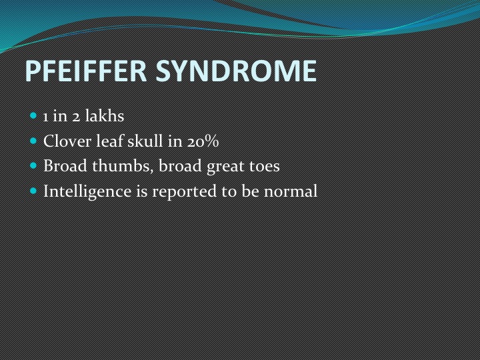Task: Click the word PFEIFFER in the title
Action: pos(86,71)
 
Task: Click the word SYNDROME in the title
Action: pos(236,71)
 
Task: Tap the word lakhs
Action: pos(105,116)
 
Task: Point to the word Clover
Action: pos(67,141)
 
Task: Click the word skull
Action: pos(145,141)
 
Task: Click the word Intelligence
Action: pos(87,191)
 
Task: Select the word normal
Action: pos(291,191)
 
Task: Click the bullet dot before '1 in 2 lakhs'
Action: pos(33,116)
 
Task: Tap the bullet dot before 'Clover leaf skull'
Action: pos(33,141)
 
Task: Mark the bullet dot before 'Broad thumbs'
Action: pos(33,166)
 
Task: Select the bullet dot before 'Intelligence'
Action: pos(33,191)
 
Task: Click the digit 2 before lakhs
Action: pos(76,117)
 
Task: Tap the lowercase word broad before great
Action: pos(180,166)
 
